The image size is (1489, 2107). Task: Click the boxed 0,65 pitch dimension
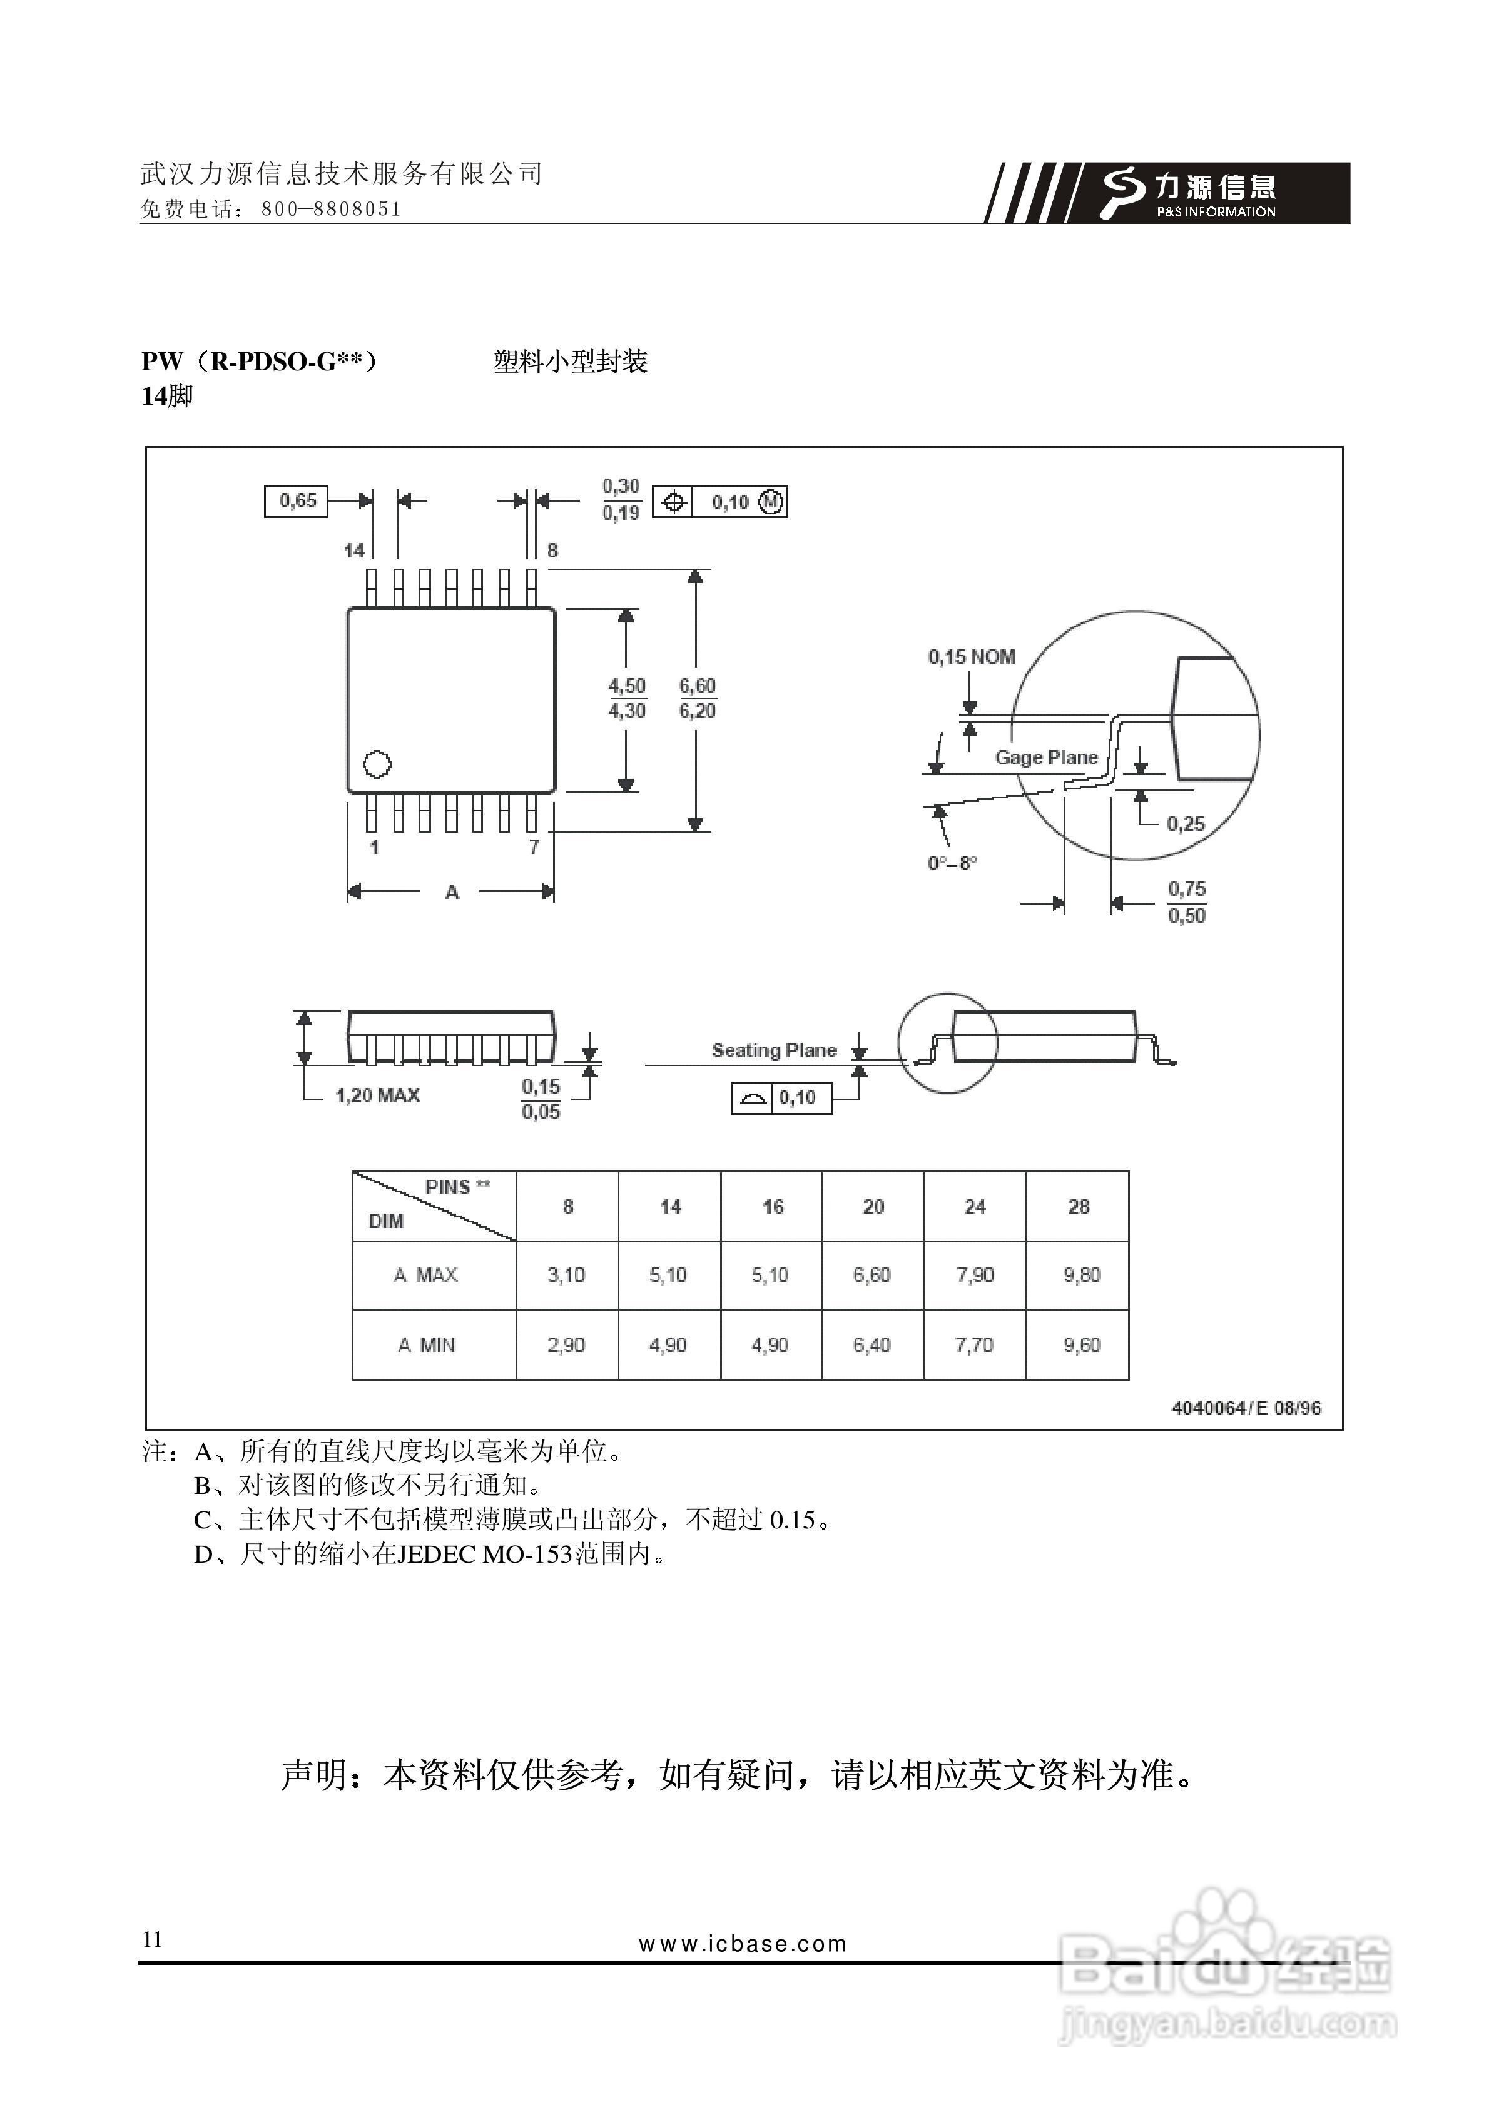point(297,501)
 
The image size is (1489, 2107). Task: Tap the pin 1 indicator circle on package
point(377,763)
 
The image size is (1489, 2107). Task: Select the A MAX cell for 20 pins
point(872,1275)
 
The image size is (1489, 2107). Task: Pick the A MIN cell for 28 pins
point(1082,1344)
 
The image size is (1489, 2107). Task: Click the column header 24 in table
point(975,1206)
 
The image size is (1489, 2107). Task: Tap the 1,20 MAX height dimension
point(377,1095)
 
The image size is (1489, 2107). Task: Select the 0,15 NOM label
point(971,656)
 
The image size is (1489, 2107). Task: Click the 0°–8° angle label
point(952,863)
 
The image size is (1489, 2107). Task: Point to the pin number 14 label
point(354,550)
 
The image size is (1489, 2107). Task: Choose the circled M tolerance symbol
point(771,502)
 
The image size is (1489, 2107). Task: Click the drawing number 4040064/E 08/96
point(1246,1408)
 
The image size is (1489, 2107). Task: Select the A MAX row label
point(426,1275)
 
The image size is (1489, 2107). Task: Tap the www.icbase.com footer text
point(743,1944)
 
